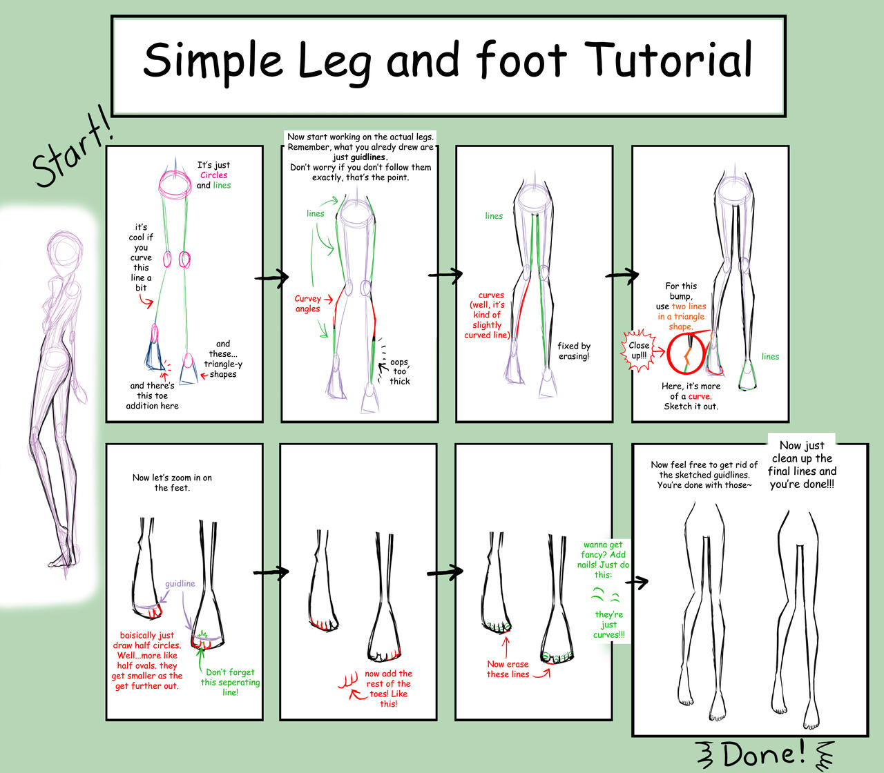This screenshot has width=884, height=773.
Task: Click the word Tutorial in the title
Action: tap(669, 60)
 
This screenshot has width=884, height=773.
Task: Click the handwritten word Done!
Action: tap(764, 753)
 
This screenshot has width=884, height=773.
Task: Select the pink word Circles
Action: tap(213, 175)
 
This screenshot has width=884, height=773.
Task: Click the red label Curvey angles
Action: tap(308, 304)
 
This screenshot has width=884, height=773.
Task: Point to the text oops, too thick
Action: tap(399, 372)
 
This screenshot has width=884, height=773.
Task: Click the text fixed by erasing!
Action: tap(574, 351)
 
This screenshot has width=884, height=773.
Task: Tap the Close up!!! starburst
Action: tap(639, 351)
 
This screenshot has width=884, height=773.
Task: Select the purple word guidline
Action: tap(180, 584)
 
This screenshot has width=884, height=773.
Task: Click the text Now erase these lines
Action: tap(508, 669)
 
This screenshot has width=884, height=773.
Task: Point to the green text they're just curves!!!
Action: tap(608, 625)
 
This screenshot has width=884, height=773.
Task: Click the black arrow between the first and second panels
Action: tap(272, 277)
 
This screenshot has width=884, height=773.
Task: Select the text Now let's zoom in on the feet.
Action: tap(172, 482)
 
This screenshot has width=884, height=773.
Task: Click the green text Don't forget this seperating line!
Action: tap(230, 682)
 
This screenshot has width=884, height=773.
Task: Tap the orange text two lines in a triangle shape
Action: tap(682, 317)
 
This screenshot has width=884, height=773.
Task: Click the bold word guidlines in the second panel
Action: tap(367, 157)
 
